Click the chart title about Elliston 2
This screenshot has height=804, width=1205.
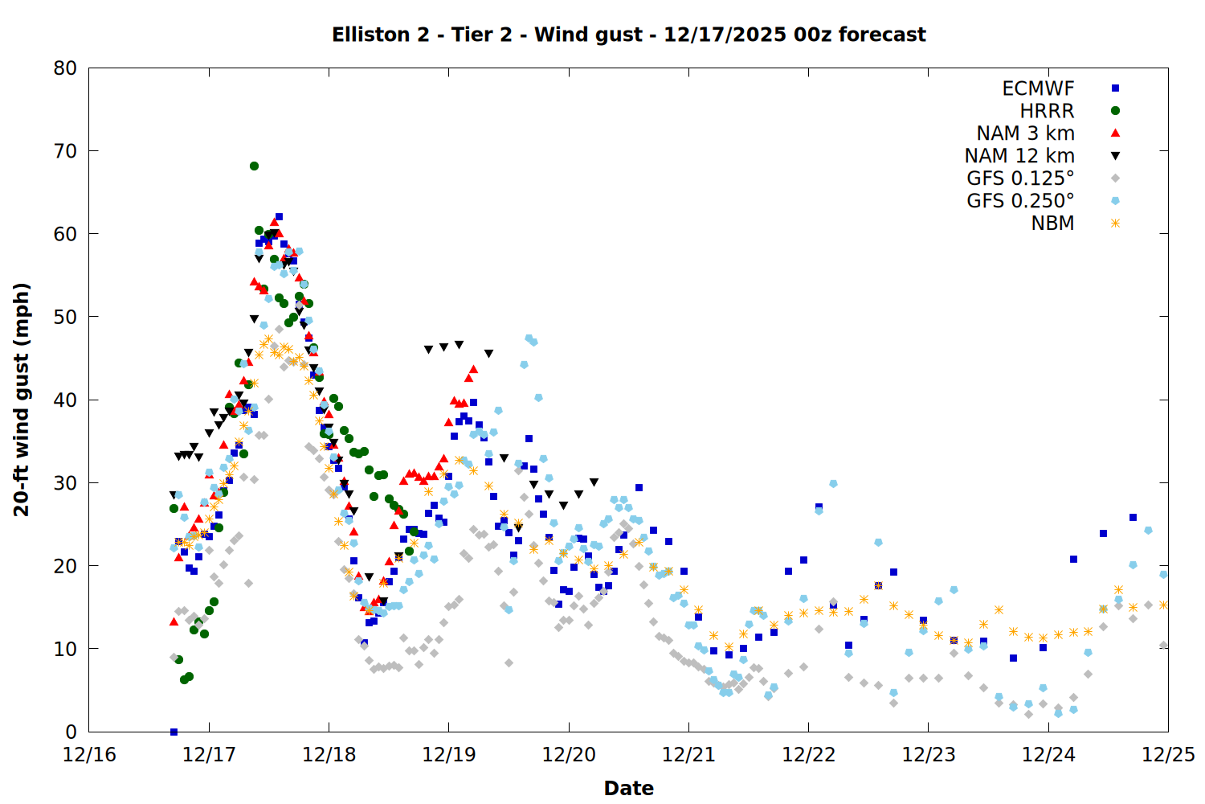point(629,35)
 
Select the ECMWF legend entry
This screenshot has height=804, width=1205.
point(1038,88)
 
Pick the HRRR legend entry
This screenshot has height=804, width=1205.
point(1047,111)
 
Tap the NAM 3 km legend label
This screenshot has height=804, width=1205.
point(1025,133)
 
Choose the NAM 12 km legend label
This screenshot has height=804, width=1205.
point(1019,156)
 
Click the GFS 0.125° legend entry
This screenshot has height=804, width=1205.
point(1020,178)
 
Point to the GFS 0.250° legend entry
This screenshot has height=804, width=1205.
point(1020,201)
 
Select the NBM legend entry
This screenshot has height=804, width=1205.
point(1052,224)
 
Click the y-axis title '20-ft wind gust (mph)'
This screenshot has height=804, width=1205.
point(22,400)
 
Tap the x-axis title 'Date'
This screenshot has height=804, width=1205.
point(629,788)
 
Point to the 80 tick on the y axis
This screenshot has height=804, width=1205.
point(65,68)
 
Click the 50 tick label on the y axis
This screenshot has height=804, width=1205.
point(65,317)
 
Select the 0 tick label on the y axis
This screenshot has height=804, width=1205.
point(71,732)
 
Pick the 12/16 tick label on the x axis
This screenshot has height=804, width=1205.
point(89,755)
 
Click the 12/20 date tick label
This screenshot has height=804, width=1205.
point(569,755)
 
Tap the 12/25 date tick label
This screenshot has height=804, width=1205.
point(1168,755)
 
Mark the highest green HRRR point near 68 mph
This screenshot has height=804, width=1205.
point(254,166)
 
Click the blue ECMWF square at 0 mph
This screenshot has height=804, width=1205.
point(174,732)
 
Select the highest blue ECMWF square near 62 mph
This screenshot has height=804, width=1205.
point(279,216)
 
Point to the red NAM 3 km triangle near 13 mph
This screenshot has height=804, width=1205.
point(174,621)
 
